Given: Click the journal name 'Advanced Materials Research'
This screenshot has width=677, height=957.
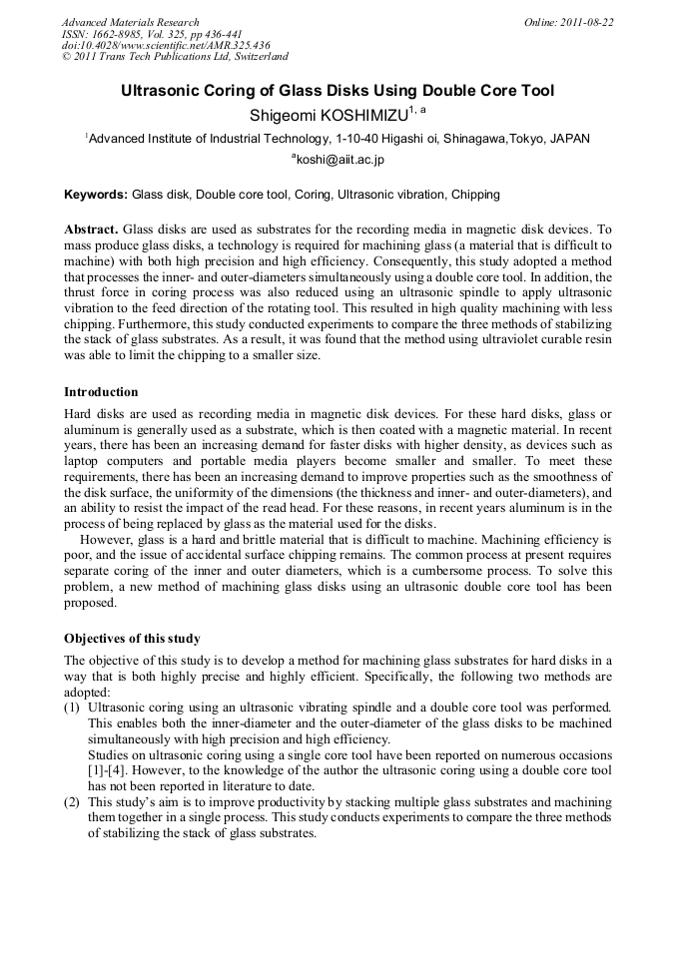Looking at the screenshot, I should point(130,22).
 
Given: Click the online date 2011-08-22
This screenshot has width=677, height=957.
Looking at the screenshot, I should point(586,22).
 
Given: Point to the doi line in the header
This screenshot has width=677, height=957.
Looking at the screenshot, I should point(167,45).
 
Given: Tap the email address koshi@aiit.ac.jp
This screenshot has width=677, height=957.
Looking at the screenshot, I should point(339,160).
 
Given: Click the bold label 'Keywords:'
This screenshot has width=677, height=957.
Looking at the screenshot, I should point(96,195).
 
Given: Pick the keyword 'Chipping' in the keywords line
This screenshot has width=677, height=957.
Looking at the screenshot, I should point(475,195).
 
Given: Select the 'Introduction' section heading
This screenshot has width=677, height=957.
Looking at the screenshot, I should point(101,392).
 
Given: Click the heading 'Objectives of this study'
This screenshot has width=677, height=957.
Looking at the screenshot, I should point(132,639).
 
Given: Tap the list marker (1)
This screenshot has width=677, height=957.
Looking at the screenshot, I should point(72,708).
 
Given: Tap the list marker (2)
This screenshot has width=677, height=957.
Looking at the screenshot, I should point(72,801).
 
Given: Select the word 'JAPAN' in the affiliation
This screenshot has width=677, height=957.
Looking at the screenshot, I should point(568,139).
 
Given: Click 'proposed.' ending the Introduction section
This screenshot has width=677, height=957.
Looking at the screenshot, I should point(90,603).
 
